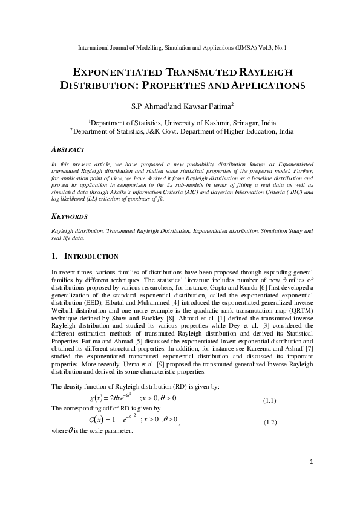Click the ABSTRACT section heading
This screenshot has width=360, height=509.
68,149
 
